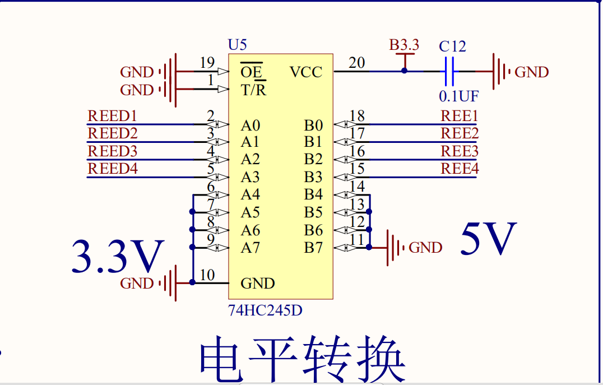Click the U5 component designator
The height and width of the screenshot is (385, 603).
237,45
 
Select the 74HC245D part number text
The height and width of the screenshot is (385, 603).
265,310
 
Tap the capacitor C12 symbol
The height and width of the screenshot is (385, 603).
449,72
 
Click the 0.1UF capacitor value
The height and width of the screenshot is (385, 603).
458,96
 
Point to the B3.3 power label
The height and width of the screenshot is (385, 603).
404,45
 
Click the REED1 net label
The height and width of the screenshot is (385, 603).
112,116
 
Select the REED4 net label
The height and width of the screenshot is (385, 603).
112,168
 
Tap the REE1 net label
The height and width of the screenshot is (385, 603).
460,116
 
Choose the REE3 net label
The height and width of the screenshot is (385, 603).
460,151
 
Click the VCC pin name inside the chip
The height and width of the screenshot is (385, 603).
306,72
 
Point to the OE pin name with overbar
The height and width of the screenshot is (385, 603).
251,72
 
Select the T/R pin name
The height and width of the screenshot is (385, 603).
253,90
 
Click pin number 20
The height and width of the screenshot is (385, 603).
357,63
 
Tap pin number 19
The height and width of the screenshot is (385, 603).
207,63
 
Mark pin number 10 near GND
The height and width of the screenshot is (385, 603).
207,275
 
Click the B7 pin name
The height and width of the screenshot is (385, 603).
313,248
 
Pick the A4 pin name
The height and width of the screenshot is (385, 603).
251,195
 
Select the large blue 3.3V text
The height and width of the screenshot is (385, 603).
118,257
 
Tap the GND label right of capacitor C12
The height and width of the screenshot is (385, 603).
531,72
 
